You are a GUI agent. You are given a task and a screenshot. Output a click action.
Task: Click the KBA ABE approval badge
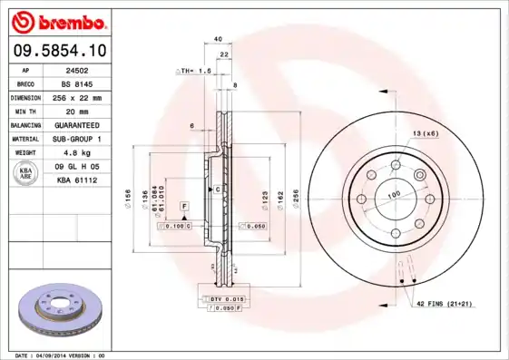26,174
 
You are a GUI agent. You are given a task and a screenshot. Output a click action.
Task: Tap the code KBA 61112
76,180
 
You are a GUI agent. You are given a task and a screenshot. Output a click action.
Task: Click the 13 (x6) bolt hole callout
426,133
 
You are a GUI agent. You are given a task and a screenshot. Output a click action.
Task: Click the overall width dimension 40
218,39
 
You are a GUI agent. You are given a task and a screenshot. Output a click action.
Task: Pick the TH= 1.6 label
193,70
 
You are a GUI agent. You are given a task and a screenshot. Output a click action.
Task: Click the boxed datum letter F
184,208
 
